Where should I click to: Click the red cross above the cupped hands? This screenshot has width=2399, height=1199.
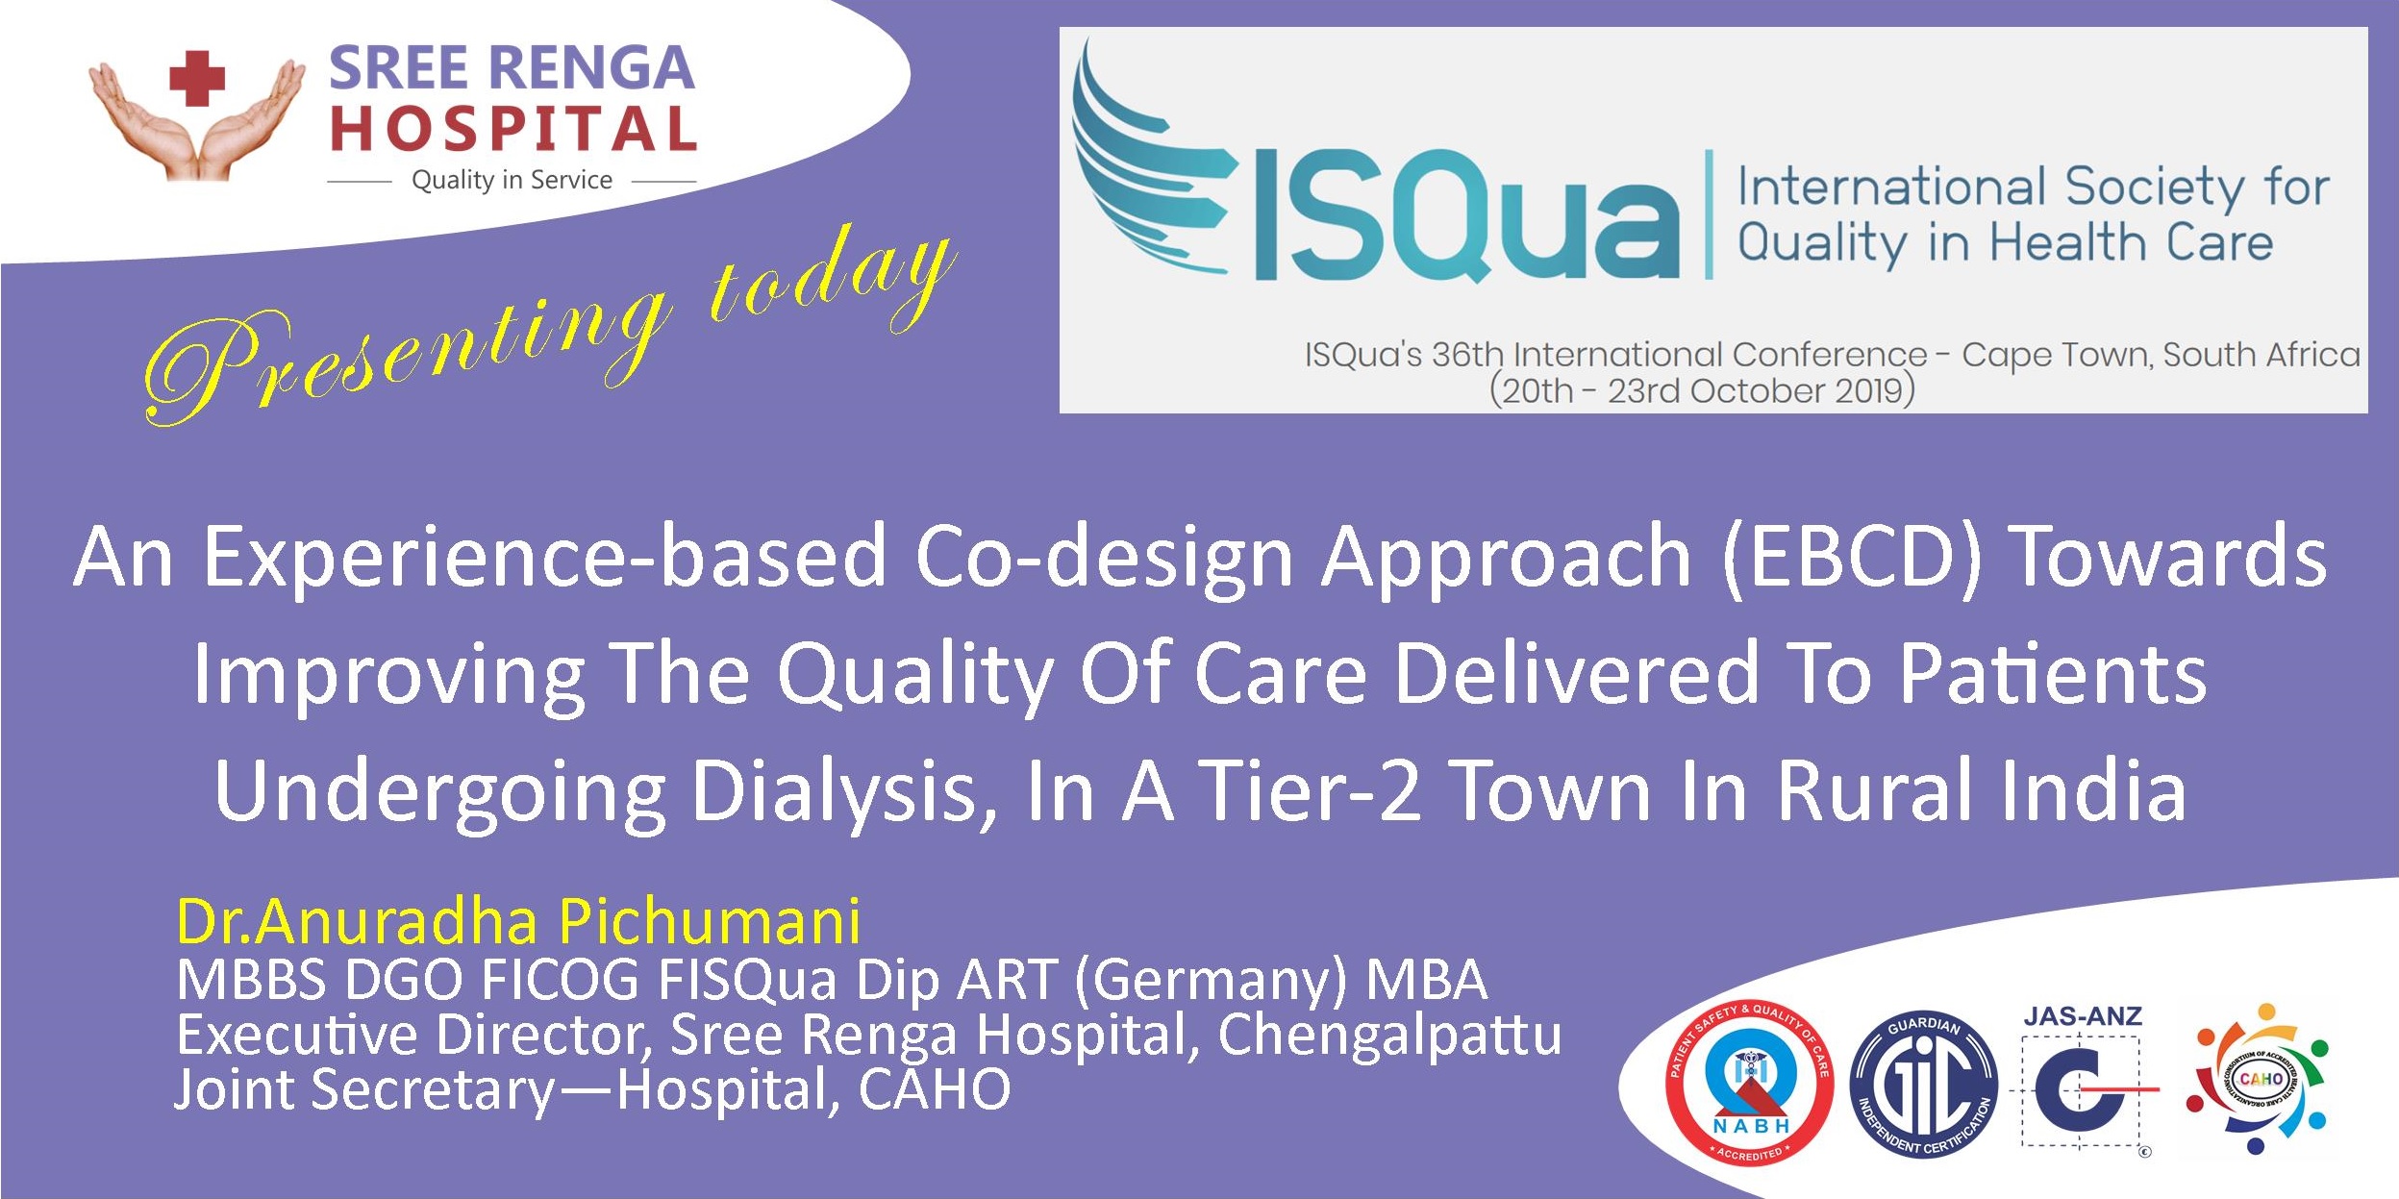coord(197,78)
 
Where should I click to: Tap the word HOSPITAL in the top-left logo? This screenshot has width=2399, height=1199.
coord(513,130)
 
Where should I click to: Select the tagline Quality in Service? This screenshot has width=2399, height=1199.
coord(512,180)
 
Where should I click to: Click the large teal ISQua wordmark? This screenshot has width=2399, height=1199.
coord(1466,215)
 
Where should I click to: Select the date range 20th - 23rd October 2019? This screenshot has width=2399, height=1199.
coord(1702,390)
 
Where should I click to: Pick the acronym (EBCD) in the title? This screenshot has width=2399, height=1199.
coord(1852,557)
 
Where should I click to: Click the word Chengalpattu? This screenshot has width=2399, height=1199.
coord(1389,1036)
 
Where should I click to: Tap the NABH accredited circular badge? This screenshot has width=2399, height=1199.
coord(1749,1081)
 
